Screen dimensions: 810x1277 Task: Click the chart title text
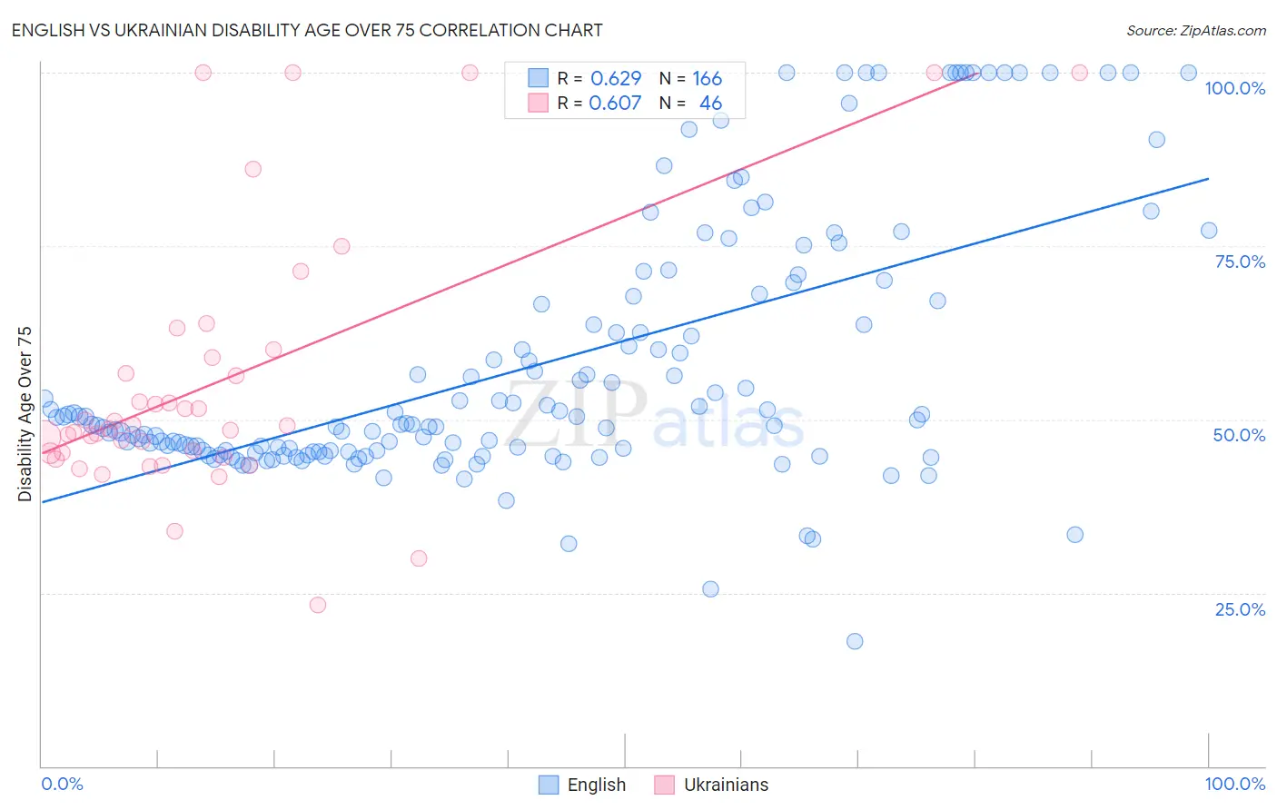[x=306, y=30]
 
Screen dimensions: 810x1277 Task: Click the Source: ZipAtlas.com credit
[x=1195, y=30]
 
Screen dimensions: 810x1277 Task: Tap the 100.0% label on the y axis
[x=1234, y=88]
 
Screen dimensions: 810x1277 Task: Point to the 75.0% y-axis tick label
[x=1240, y=262]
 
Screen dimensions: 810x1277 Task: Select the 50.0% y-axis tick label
[x=1239, y=435]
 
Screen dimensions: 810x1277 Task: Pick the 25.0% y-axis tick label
[x=1240, y=609]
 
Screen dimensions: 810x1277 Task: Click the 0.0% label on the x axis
[x=62, y=784]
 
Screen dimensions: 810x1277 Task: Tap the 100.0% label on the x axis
[x=1234, y=784]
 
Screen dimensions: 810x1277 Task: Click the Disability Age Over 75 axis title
[x=25, y=413]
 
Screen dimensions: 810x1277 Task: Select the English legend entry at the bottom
[x=583, y=785]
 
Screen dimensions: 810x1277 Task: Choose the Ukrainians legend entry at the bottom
[x=712, y=785]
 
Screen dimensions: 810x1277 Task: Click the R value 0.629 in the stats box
[x=616, y=78]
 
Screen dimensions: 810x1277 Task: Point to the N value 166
[x=707, y=78]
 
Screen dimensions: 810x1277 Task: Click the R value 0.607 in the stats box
[x=615, y=103]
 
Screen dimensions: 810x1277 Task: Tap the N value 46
[x=710, y=103]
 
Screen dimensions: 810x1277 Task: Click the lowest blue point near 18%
[x=855, y=641]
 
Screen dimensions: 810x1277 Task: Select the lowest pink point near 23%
[x=318, y=605]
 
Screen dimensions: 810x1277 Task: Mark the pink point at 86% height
[x=253, y=169]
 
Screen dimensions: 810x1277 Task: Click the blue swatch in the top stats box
[x=539, y=78]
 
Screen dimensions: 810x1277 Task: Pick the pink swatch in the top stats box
[x=539, y=103]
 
